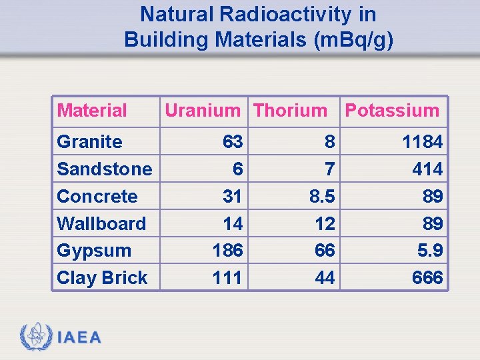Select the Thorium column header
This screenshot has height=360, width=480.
click(291, 111)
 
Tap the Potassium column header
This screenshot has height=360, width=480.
click(392, 111)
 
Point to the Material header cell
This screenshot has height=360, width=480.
click(92, 111)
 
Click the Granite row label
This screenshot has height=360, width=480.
click(90, 142)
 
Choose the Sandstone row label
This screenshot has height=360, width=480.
click(105, 169)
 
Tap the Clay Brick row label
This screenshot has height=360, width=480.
click(102, 278)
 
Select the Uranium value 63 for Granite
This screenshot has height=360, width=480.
click(233, 142)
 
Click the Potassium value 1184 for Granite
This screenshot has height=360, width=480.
click(422, 142)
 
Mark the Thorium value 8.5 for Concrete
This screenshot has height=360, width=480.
click(321, 197)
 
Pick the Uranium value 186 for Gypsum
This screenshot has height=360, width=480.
click(227, 251)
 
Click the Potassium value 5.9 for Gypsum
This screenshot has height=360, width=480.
click(428, 251)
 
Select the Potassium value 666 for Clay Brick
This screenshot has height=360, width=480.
click(427, 278)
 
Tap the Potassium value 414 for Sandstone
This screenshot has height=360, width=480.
click(427, 169)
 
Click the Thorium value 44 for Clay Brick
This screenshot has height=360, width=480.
click(325, 278)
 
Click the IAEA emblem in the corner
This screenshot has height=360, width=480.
click(35, 337)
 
